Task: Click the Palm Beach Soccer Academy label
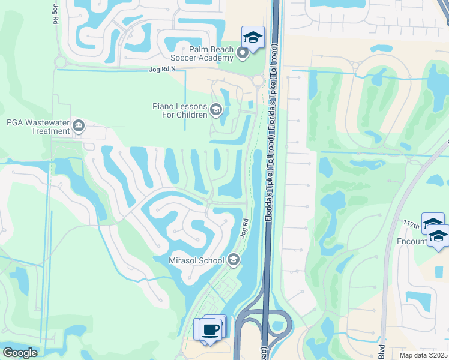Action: pyautogui.click(x=202, y=53)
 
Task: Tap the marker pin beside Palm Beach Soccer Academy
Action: pyautogui.click(x=243, y=54)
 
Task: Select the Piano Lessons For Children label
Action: pyautogui.click(x=179, y=110)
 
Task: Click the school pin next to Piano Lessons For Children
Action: pyautogui.click(x=216, y=110)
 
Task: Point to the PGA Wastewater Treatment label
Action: pyautogui.click(x=38, y=127)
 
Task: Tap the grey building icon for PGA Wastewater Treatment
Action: pyautogui.click(x=79, y=126)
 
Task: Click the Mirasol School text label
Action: pyautogui.click(x=197, y=260)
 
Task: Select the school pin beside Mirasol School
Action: pyautogui.click(x=234, y=260)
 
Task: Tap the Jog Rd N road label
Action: pyautogui.click(x=163, y=70)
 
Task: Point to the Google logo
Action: pyautogui.click(x=19, y=353)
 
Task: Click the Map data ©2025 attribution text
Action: pyautogui.click(x=424, y=355)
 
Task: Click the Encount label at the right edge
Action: pyautogui.click(x=413, y=241)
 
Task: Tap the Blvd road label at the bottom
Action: pyautogui.click(x=382, y=351)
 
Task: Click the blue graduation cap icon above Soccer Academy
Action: pyautogui.click(x=253, y=38)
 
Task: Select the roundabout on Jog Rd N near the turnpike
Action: pyautogui.click(x=258, y=80)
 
